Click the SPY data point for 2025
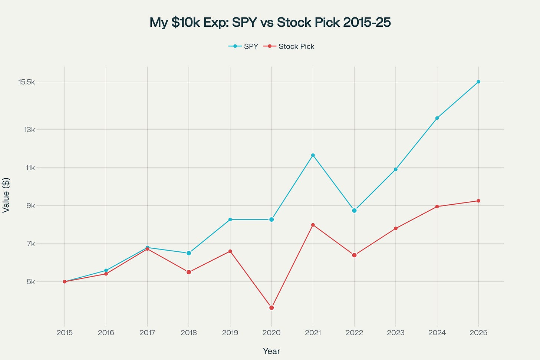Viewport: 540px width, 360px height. tap(478, 82)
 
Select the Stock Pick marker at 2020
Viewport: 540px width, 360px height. tap(271, 308)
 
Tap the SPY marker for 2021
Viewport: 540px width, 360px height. tap(313, 155)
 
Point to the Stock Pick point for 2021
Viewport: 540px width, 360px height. tap(313, 225)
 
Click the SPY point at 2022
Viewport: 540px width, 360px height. tap(354, 211)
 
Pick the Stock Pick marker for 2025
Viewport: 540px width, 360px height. tap(478, 201)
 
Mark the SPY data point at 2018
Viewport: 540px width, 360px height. tap(189, 253)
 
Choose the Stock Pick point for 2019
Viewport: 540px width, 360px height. tap(230, 251)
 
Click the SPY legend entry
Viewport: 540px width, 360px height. tap(244, 46)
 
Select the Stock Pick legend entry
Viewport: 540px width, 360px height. tap(289, 46)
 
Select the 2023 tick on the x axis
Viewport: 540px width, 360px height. tap(396, 333)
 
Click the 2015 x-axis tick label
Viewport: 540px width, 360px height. tap(65, 333)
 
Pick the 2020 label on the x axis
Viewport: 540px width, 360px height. tap(271, 333)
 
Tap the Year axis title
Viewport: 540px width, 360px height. tap(271, 351)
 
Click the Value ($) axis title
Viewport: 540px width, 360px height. tap(6, 195)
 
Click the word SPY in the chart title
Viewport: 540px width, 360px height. tap(244, 23)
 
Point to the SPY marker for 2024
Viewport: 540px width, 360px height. tap(437, 118)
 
